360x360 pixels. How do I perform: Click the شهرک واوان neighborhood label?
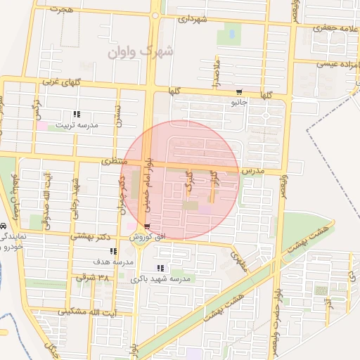[138, 51]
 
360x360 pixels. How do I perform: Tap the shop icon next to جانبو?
[239, 92]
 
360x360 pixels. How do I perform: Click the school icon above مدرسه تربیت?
[77, 114]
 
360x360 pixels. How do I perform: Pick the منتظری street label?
[114, 162]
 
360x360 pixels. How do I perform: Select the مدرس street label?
[251, 171]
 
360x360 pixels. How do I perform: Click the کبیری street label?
[188, 181]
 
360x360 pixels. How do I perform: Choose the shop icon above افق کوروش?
[146, 226]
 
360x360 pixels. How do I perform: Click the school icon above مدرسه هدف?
[112, 251]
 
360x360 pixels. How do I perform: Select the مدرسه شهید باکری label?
[166, 279]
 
